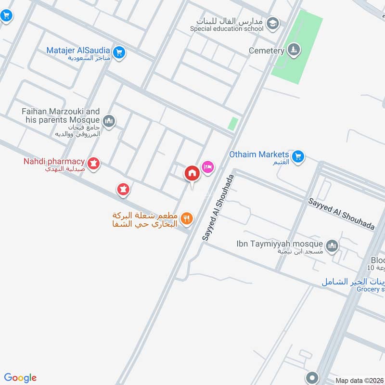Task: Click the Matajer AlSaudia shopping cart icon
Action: tap(120, 52)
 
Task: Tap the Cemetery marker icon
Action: tap(294, 50)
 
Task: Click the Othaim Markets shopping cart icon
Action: tap(298, 157)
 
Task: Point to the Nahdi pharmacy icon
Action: tap(94, 164)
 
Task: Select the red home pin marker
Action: tap(192, 173)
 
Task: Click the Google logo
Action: tap(20, 378)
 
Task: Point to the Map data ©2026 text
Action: tap(359, 380)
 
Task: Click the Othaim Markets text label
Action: tap(259, 154)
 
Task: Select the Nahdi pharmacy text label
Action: tap(54, 161)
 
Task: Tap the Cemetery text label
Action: tap(267, 51)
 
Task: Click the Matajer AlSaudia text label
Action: tap(79, 51)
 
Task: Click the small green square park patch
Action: tap(233, 124)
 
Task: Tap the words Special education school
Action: tap(227, 28)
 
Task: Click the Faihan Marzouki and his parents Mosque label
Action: tap(61, 115)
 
